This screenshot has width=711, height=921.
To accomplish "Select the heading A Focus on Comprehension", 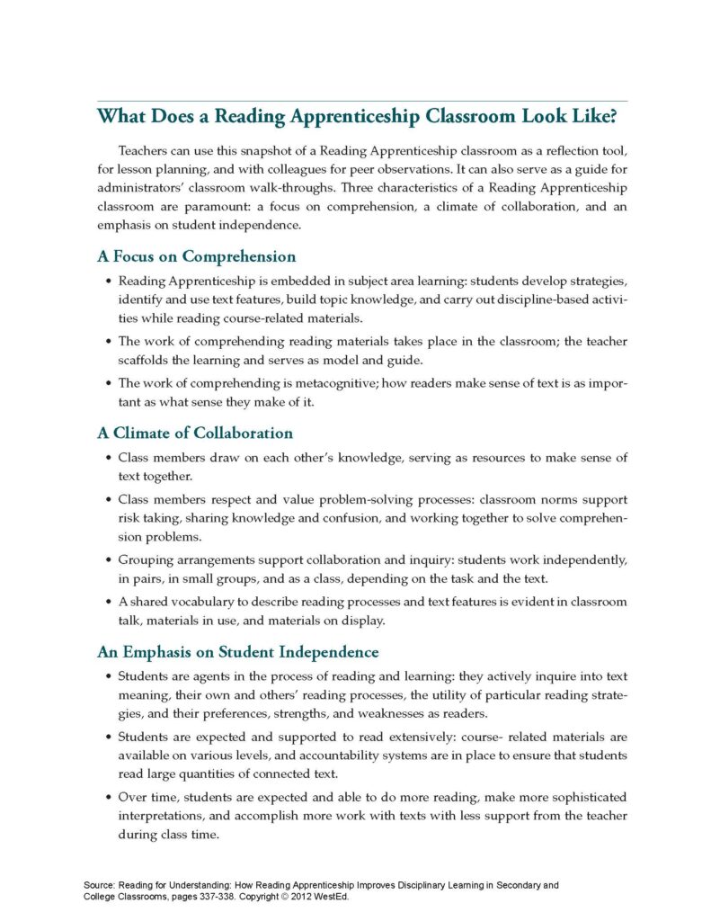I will coord(196,256).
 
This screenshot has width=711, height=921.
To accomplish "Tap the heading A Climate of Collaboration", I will coord(195,433).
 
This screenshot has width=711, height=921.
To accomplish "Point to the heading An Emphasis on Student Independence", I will coord(237,651).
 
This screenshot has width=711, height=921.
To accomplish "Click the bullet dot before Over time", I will coord(109,797).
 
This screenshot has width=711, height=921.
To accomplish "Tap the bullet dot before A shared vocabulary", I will coord(109,602).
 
